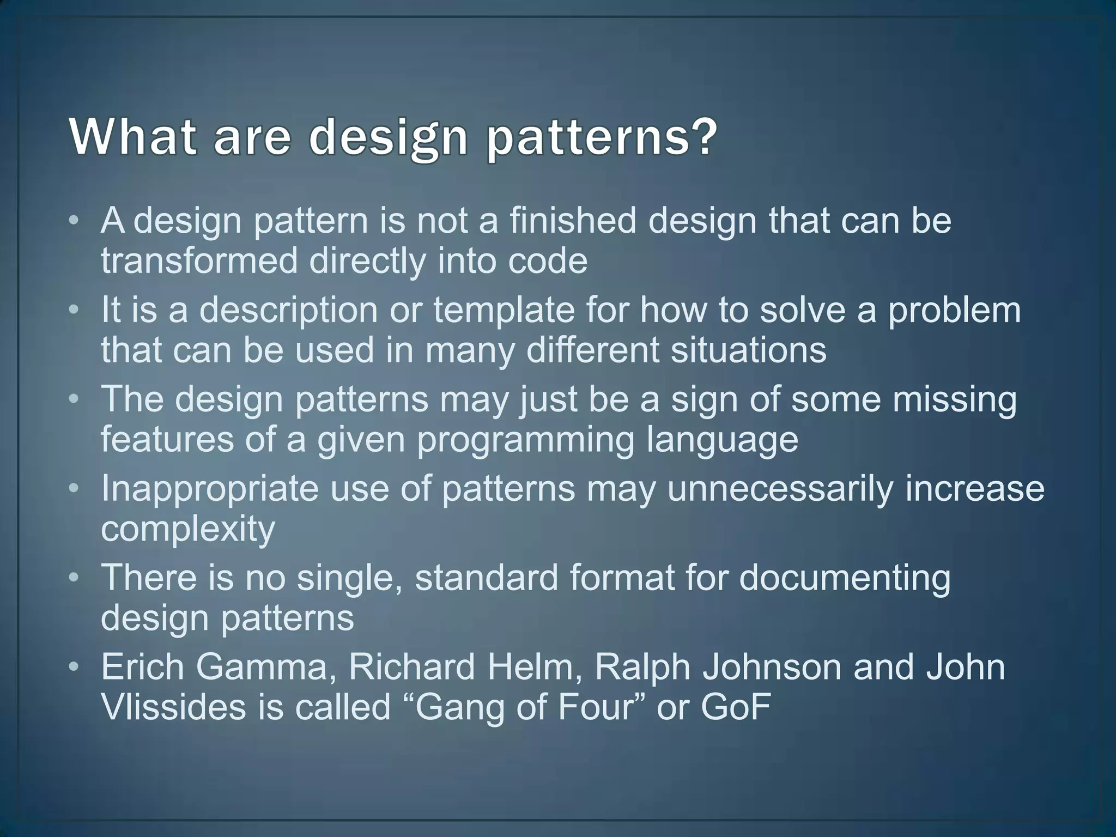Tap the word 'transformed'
coord(199,260)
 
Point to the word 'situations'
coord(748,350)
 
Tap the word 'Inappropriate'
coord(210,489)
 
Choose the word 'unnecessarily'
coord(780,489)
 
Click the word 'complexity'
coord(188,529)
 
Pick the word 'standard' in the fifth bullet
coord(487,578)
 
